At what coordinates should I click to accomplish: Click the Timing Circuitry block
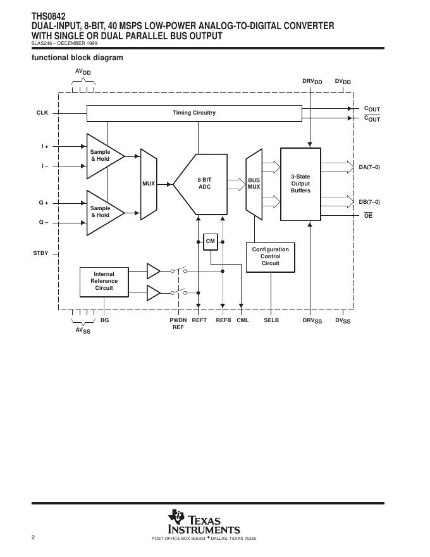(x=194, y=113)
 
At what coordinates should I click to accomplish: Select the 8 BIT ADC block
(x=204, y=184)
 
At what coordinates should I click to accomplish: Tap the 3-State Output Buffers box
(x=300, y=184)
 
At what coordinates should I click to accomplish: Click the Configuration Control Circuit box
(x=271, y=257)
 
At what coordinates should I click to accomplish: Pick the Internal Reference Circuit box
(x=104, y=282)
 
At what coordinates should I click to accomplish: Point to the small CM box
(x=211, y=242)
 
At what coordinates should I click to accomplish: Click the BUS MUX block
(x=254, y=184)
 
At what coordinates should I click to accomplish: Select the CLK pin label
(x=42, y=113)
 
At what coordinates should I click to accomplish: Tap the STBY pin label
(x=40, y=253)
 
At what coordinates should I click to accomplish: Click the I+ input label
(x=45, y=146)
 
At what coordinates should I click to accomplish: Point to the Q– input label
(x=43, y=222)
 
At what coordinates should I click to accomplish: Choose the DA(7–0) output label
(x=369, y=167)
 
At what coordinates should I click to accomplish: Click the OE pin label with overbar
(x=368, y=215)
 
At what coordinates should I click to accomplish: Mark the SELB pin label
(x=271, y=320)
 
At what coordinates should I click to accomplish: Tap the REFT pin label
(x=199, y=320)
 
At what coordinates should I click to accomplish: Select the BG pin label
(x=105, y=320)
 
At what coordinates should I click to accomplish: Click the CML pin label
(x=243, y=320)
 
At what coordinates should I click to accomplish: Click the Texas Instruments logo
(x=204, y=522)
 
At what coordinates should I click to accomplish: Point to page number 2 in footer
(x=34, y=537)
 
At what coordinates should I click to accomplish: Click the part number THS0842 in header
(x=48, y=16)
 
